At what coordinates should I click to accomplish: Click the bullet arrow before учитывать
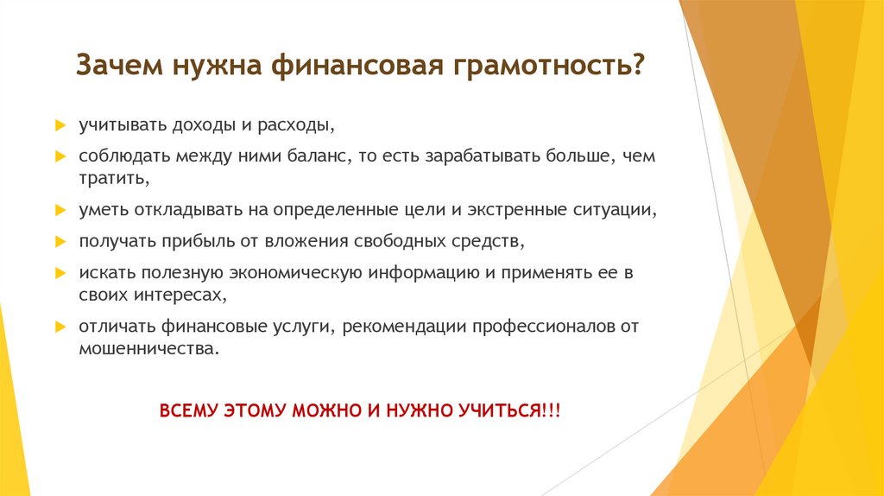(60, 126)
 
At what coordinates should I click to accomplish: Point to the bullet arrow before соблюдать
(60, 157)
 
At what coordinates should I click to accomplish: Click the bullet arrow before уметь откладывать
(60, 210)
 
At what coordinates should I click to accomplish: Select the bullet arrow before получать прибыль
(60, 241)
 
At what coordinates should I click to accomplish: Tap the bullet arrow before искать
(60, 273)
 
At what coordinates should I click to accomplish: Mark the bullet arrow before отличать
(60, 327)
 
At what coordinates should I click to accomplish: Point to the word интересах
(178, 294)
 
